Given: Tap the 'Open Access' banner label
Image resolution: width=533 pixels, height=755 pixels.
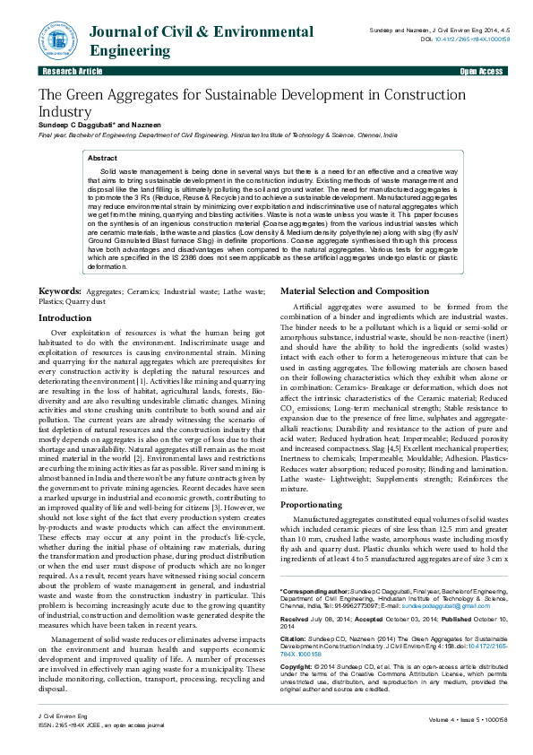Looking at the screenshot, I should (x=482, y=71).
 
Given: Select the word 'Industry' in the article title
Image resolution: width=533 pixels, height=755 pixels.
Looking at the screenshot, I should (x=64, y=111).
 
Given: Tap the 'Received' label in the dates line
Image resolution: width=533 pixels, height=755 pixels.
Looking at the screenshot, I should (x=295, y=620).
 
